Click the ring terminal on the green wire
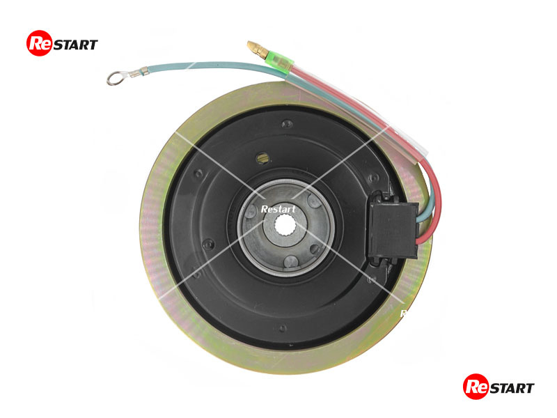click(114, 78)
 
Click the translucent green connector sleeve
click(280, 62)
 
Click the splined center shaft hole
click(285, 225)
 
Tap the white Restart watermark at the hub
click(278, 209)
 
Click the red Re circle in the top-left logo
click(40, 43)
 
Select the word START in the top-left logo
click(75, 45)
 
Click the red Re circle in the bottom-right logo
click(476, 387)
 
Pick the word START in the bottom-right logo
click(512, 388)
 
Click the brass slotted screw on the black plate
click(262, 158)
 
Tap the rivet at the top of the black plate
click(287, 124)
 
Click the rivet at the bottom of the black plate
click(283, 328)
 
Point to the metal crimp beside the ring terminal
click(138, 72)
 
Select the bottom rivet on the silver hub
click(291, 262)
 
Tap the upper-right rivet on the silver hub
click(315, 201)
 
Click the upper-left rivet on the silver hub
click(251, 211)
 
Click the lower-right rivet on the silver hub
click(315, 249)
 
